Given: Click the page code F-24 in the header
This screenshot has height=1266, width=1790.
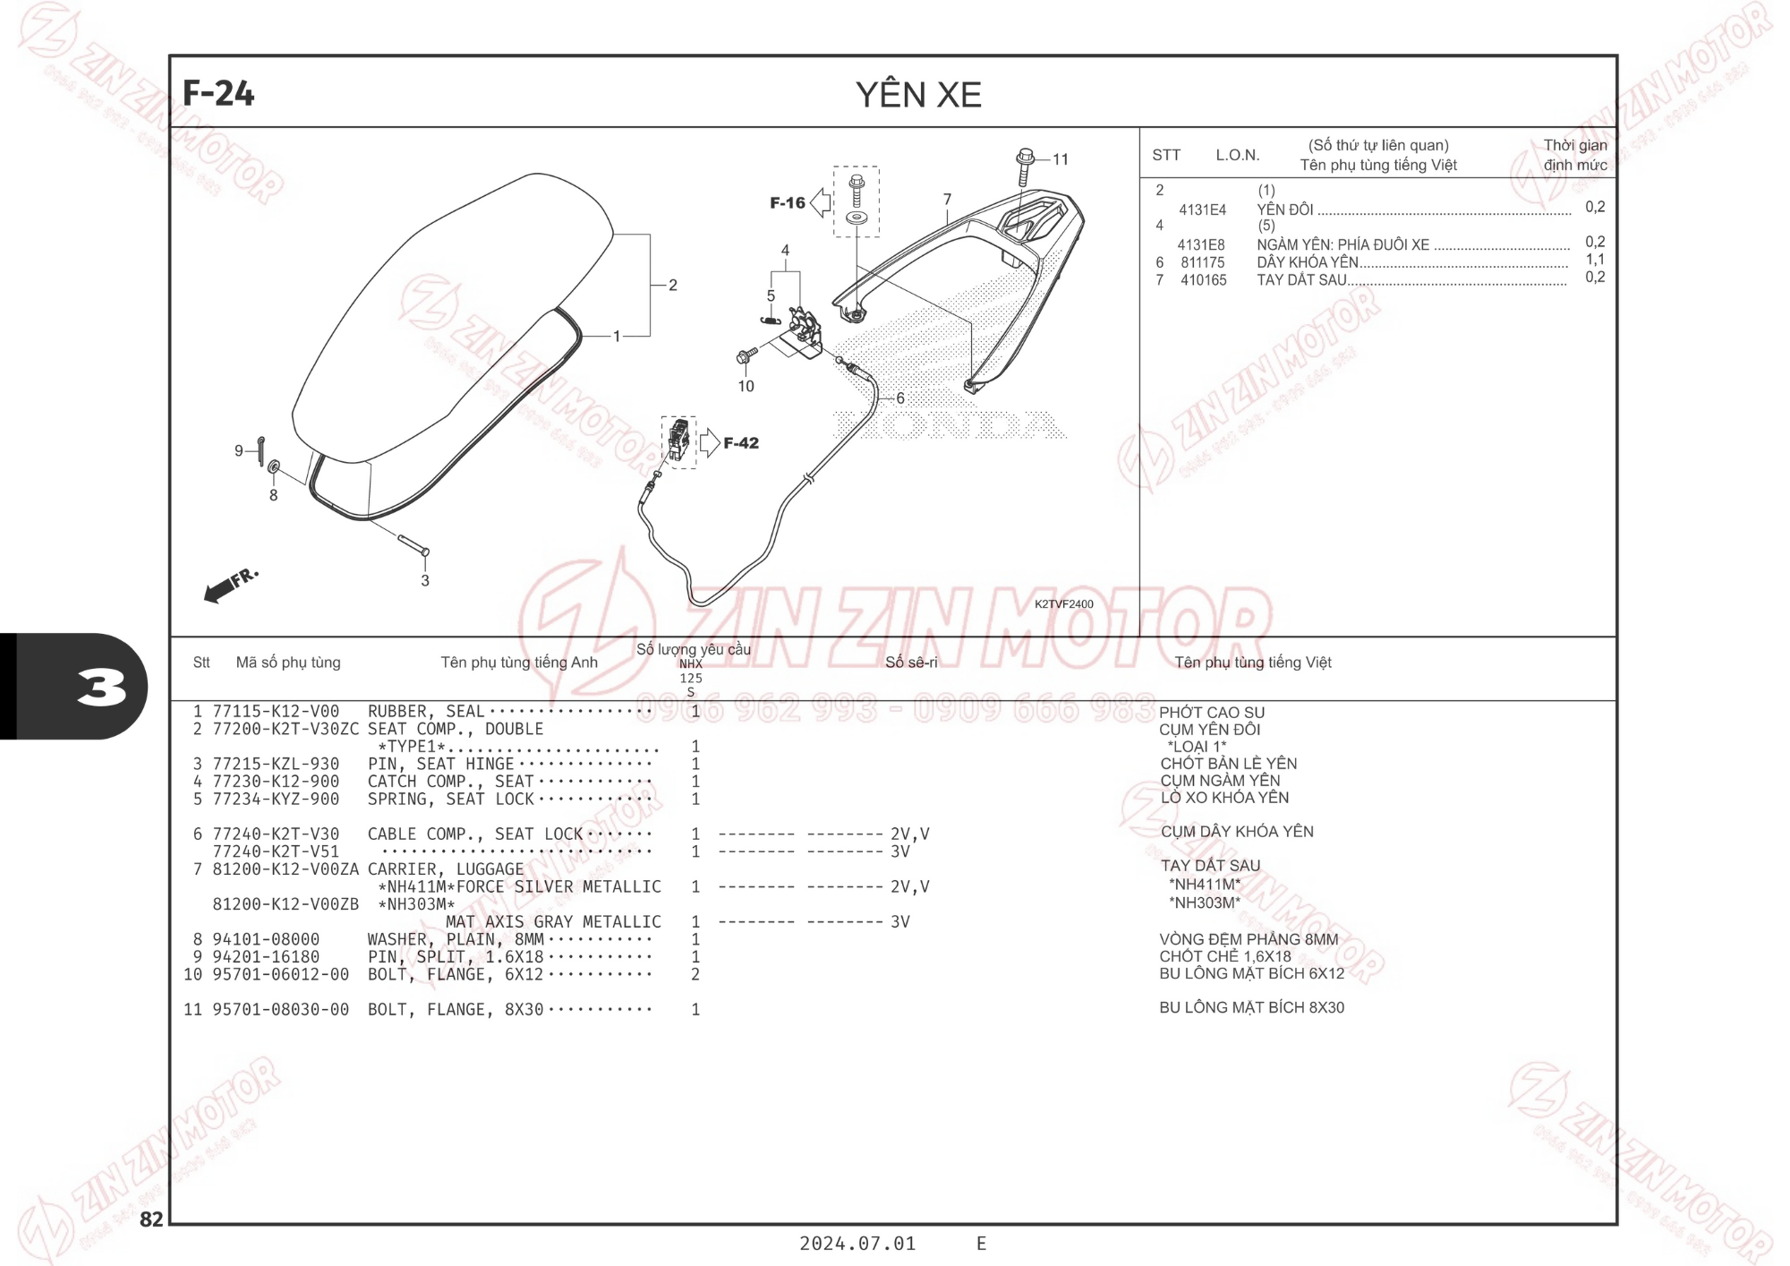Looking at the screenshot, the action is (x=218, y=93).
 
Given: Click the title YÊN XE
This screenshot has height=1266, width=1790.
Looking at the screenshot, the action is (x=918, y=95).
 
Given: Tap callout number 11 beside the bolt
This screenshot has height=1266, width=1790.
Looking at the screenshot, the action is (x=1061, y=159).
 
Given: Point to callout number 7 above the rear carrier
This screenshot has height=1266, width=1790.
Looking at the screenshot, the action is (x=947, y=200).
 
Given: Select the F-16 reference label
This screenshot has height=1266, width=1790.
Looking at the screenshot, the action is (x=788, y=203).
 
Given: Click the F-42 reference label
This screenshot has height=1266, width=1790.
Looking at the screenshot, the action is (x=741, y=443).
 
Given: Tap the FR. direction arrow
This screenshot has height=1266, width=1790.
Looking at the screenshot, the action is (x=231, y=585).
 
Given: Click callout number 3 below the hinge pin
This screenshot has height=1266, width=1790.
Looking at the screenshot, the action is (x=425, y=580).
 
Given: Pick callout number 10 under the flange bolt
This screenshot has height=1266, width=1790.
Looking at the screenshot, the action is (x=746, y=386).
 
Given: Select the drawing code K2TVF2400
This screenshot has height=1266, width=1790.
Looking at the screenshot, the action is (x=1064, y=604).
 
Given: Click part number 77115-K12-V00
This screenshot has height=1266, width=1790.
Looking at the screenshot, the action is (x=276, y=712).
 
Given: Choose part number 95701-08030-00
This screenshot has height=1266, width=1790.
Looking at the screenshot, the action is (x=280, y=1010).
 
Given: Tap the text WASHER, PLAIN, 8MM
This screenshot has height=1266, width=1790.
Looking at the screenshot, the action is (x=456, y=939).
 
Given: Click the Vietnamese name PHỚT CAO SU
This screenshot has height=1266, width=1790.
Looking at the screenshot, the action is (x=1212, y=713).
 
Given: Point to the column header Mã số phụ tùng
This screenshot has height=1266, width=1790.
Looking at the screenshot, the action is (x=288, y=663).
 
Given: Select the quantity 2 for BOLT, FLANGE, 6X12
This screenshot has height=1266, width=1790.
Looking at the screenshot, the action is (x=695, y=974).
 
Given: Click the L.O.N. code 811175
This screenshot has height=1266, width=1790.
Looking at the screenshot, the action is (x=1202, y=262).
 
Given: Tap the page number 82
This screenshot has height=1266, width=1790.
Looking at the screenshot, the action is (x=151, y=1219).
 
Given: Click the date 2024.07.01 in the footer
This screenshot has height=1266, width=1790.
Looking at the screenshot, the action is (x=857, y=1244).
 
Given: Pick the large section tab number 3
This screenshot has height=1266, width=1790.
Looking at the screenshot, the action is (x=101, y=688).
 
